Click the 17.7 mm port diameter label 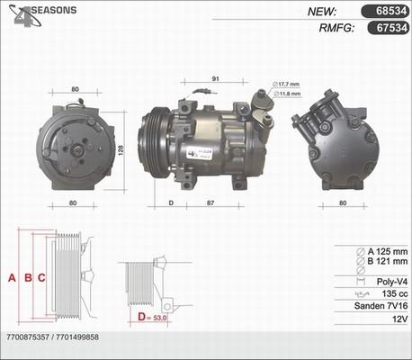point(287,85)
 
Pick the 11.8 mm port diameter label point(287,93)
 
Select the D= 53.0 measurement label point(154,318)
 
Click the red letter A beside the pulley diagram point(12,277)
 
